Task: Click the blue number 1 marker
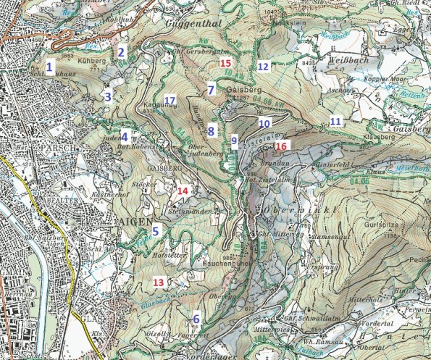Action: click(x=49, y=67)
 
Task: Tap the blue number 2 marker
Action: click(x=122, y=52)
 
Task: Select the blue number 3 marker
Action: click(x=108, y=97)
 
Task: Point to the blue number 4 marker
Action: click(x=125, y=136)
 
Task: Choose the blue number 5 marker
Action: click(x=155, y=232)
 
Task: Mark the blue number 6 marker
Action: click(x=196, y=319)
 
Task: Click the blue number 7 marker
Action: click(x=211, y=91)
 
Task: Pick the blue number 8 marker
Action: click(x=211, y=131)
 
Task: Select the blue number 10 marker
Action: click(x=264, y=123)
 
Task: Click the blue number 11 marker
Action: click(x=335, y=120)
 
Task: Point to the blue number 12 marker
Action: click(x=263, y=67)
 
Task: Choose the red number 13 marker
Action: click(x=158, y=282)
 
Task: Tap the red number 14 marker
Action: click(x=183, y=191)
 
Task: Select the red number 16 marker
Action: click(x=281, y=146)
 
